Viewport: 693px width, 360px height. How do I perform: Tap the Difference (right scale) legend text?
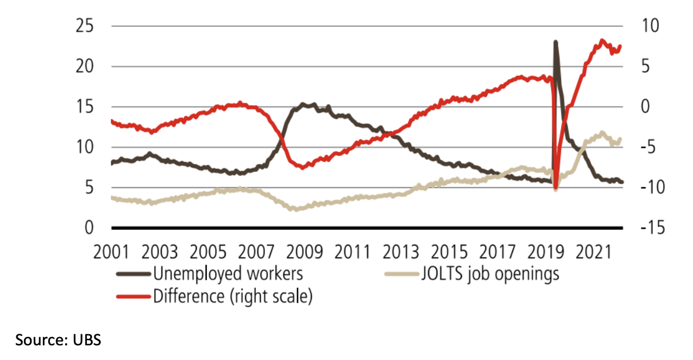[232, 296]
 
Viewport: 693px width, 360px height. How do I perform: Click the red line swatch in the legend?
[133, 296]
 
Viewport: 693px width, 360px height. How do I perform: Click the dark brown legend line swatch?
[133, 274]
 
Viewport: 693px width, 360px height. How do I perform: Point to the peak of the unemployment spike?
[555, 42]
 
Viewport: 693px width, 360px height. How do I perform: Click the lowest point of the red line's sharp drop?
[555, 187]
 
